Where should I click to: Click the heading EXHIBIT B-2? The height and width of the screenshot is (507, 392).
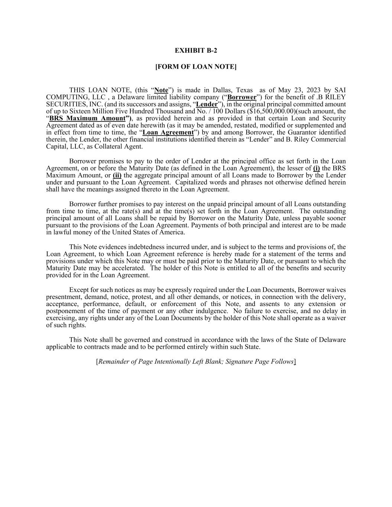196,51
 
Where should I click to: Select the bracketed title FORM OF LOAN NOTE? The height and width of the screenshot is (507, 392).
196,67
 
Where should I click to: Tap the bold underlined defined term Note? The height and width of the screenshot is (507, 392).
161,90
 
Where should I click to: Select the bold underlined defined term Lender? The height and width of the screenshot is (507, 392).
207,104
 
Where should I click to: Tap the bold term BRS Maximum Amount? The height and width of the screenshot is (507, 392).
87,118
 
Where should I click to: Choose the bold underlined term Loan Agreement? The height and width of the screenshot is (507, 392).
168,133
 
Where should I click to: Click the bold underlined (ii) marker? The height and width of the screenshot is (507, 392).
117,175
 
